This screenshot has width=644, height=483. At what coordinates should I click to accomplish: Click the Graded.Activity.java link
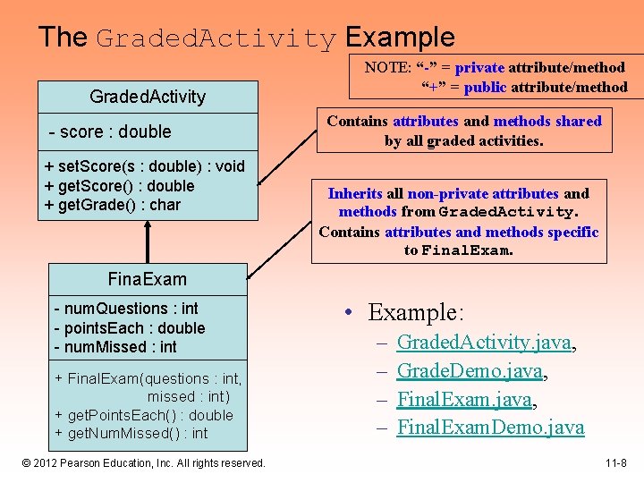click(484, 342)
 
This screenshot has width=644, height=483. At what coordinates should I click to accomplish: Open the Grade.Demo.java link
click(470, 370)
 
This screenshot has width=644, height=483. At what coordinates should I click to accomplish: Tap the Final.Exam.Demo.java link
click(490, 428)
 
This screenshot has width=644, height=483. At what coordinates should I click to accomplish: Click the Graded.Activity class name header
click(148, 97)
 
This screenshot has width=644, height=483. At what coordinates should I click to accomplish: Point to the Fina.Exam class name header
click(148, 280)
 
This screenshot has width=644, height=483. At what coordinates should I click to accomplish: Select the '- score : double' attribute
click(110, 131)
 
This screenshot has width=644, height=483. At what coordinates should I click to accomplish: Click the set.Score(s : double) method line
click(144, 166)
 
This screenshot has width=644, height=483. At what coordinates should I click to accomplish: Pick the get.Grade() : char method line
click(113, 205)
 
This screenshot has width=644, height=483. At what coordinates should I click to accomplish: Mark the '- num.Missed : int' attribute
click(115, 347)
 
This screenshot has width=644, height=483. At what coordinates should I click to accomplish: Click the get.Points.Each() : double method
click(144, 415)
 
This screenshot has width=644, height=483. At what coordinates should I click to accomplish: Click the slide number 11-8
click(614, 463)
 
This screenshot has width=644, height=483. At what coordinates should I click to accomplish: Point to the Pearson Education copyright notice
click(145, 463)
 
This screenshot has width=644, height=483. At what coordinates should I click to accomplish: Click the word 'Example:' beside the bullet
click(416, 312)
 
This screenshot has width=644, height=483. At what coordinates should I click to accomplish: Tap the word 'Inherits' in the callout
click(355, 193)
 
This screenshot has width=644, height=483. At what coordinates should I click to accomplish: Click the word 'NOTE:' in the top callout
click(386, 67)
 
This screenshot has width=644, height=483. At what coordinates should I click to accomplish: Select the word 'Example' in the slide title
click(400, 38)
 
